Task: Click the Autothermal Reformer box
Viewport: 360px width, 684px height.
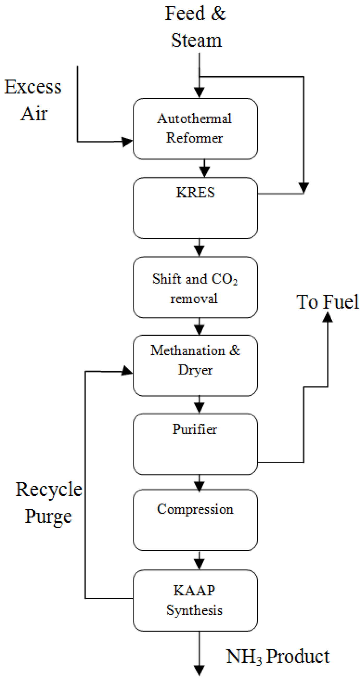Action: pyautogui.click(x=195, y=129)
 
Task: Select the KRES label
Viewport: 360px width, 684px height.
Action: pyautogui.click(x=195, y=192)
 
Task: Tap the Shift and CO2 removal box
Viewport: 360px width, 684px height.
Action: pyautogui.click(x=195, y=287)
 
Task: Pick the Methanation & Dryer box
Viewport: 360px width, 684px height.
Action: pyautogui.click(x=195, y=365)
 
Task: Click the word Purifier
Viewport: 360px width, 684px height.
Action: pyautogui.click(x=195, y=429)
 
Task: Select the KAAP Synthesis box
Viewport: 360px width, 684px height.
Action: pyautogui.click(x=195, y=601)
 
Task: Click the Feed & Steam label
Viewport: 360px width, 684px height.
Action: pyautogui.click(x=196, y=27)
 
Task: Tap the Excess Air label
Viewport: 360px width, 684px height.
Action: pyautogui.click(x=33, y=100)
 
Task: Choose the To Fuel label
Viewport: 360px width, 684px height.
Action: pyautogui.click(x=327, y=302)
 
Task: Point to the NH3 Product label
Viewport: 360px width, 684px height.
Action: pyautogui.click(x=278, y=656)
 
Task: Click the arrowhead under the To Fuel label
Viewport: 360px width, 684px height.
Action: pyautogui.click(x=327, y=317)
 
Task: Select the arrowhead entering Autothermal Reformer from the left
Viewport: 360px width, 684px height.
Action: pyautogui.click(x=127, y=141)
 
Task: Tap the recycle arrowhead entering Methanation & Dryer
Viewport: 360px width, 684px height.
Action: pyautogui.click(x=127, y=371)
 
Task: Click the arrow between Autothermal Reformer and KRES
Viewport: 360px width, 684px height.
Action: pyautogui.click(x=204, y=169)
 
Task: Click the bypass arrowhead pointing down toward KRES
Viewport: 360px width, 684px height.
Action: pyautogui.click(x=303, y=187)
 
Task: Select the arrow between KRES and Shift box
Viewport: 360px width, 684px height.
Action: pyautogui.click(x=199, y=248)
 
